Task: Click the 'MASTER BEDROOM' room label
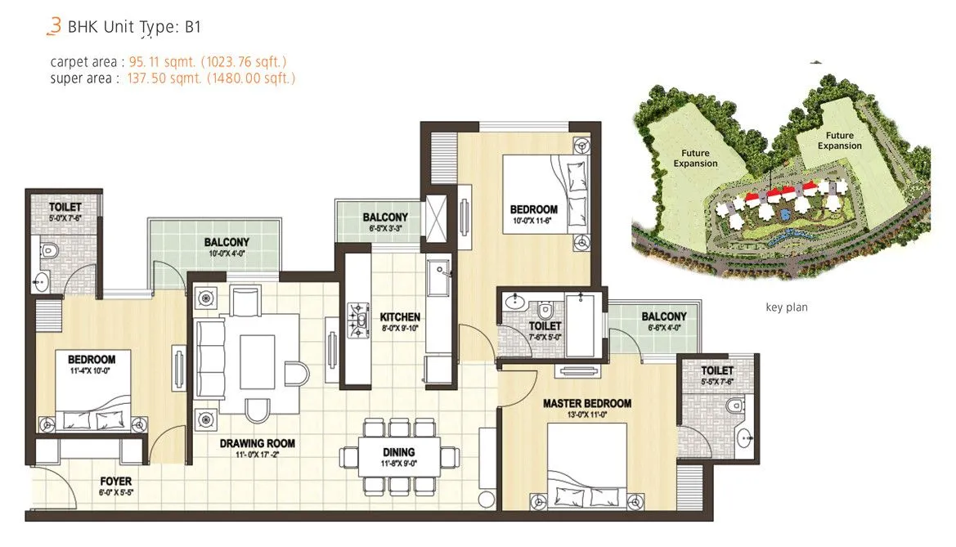click(587, 404)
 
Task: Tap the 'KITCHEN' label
click(400, 317)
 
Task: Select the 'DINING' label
click(398, 452)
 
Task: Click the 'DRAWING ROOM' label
click(257, 444)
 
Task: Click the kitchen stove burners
click(358, 321)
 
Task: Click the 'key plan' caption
click(786, 307)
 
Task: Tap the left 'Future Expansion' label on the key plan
click(695, 158)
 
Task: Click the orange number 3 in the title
click(54, 26)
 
